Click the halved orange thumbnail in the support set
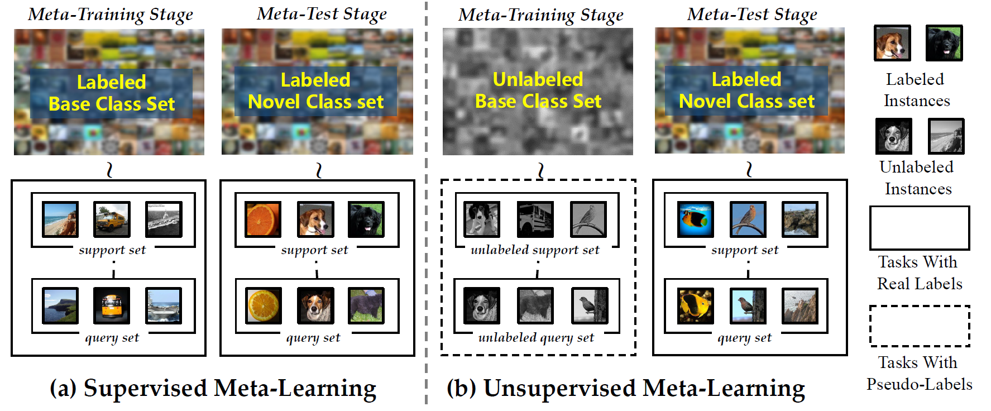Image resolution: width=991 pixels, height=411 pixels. click(263, 219)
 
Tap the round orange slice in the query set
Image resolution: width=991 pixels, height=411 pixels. click(264, 305)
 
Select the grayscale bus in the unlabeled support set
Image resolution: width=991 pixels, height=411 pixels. click(535, 219)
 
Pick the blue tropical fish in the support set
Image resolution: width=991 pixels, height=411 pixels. click(695, 219)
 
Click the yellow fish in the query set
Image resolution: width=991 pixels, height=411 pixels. click(695, 306)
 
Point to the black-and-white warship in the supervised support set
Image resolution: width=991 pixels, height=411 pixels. click(164, 219)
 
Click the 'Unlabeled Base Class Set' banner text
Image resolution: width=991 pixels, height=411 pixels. click(538, 90)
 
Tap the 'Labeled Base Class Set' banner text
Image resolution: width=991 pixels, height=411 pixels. click(112, 93)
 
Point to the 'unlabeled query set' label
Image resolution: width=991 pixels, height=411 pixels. click(536, 337)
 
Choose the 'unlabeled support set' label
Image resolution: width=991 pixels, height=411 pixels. click(535, 250)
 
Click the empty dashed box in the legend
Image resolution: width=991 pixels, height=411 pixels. click(919, 326)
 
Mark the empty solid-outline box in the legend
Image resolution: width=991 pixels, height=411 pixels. click(919, 228)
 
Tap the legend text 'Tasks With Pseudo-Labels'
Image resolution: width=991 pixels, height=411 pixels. click(919, 373)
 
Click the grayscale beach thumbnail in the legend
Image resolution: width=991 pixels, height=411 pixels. click(946, 136)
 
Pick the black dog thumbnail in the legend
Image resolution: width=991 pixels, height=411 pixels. click(944, 43)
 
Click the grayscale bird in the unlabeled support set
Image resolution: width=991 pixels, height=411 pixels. click(588, 219)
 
